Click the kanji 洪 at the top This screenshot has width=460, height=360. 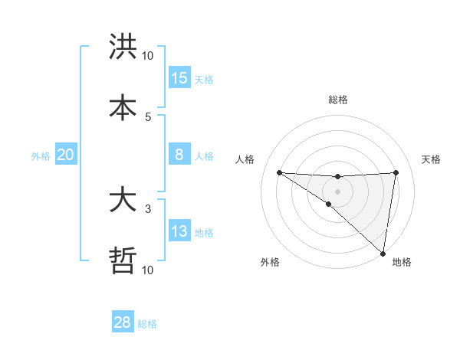(x=123, y=47)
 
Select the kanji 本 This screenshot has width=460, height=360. (x=123, y=107)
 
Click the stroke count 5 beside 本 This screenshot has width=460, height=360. (x=148, y=116)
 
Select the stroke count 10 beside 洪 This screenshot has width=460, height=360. (x=148, y=56)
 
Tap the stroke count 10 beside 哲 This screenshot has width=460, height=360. (x=148, y=270)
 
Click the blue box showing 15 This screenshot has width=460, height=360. (x=179, y=78)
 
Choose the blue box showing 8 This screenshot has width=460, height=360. (x=179, y=155)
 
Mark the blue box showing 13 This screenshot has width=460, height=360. (x=179, y=231)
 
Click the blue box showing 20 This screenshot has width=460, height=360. (x=66, y=155)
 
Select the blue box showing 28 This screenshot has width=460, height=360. (x=123, y=322)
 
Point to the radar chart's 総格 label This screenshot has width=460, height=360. (x=337, y=100)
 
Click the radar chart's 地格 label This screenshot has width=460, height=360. (x=402, y=262)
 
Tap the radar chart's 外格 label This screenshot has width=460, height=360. (x=270, y=262)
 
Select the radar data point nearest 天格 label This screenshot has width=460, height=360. (x=396, y=172)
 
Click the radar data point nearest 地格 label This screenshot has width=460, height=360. (x=383, y=254)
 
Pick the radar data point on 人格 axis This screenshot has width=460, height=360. (x=279, y=172)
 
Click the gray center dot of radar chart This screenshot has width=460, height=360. (x=337, y=191)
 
